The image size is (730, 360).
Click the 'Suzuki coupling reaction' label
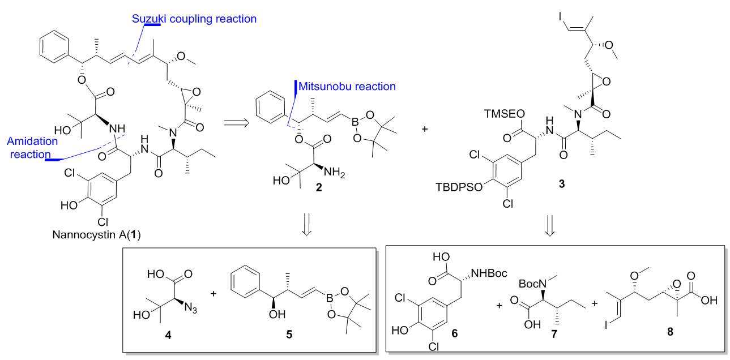click(194, 19)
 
